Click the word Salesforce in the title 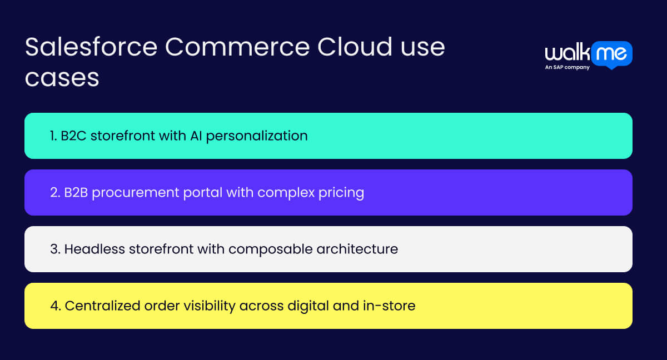(91, 48)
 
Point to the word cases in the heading (62, 78)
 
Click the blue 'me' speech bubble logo (612, 54)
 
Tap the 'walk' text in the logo (567, 54)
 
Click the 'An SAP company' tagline (567, 68)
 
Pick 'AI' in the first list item (193, 136)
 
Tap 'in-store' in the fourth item (393, 306)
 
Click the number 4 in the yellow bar (54, 306)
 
